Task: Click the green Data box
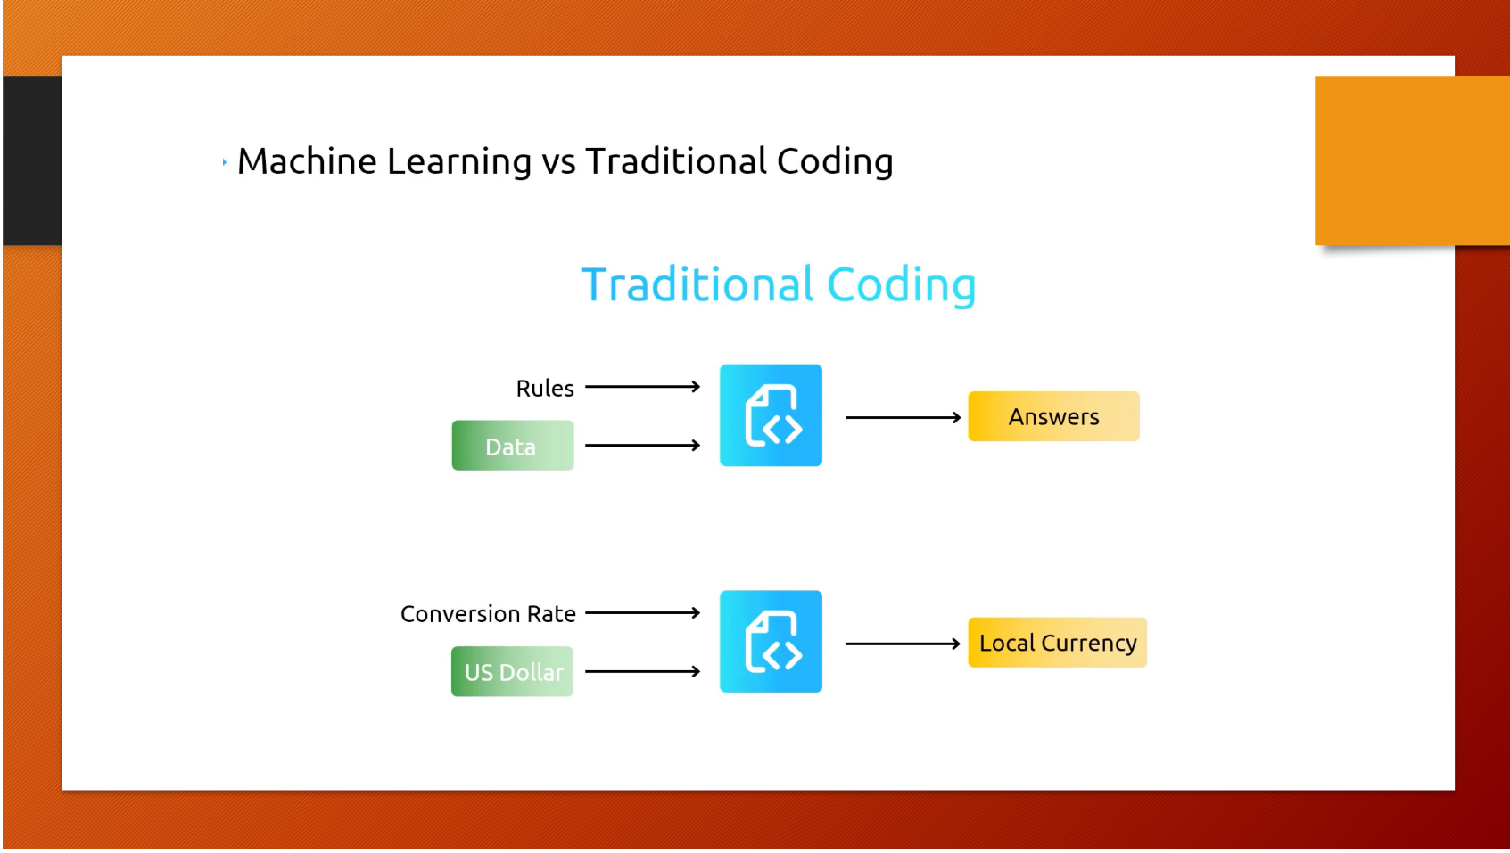(512, 446)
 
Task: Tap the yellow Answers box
(1053, 416)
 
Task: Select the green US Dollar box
(512, 672)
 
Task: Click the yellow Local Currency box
(1057, 643)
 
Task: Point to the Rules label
(544, 389)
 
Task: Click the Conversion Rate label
(488, 614)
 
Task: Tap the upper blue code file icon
(771, 415)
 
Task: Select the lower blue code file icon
(771, 642)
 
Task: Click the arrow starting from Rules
(642, 387)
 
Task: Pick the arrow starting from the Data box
(642, 445)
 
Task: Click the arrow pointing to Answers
(903, 417)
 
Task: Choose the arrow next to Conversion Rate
(642, 613)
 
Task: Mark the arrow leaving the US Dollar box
(642, 671)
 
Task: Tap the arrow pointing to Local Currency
(903, 644)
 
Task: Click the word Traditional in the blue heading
(697, 285)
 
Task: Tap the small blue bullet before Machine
(225, 162)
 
